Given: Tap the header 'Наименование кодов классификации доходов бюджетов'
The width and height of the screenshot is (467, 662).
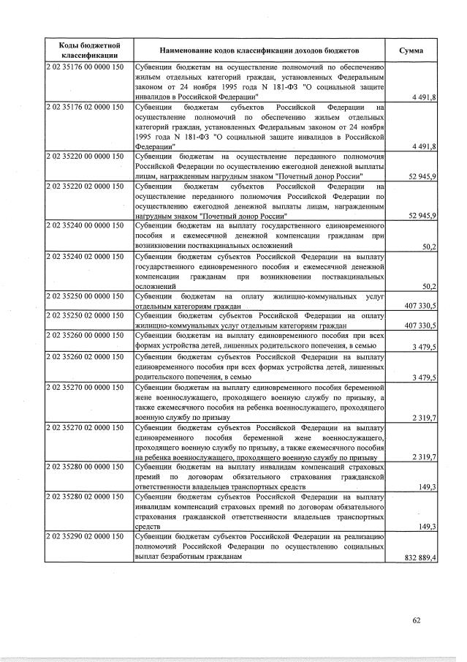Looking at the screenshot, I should click(x=260, y=51).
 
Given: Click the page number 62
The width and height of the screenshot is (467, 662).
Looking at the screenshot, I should click(x=416, y=621).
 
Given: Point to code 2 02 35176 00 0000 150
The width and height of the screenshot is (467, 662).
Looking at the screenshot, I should click(x=85, y=68).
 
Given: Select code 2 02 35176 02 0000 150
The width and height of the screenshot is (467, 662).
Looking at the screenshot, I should click(x=85, y=108).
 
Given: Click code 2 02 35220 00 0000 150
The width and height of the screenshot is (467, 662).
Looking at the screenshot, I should click(x=85, y=157).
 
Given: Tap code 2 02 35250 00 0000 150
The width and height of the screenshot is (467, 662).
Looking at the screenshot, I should click(x=85, y=296).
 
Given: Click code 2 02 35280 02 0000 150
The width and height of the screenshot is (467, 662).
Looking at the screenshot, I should click(x=85, y=497).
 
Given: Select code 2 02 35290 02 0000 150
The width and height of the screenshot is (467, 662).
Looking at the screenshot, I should click(x=85, y=537).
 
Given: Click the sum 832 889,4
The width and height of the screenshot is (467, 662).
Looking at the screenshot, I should click(x=420, y=557).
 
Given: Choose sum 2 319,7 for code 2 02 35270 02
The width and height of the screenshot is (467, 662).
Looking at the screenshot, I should click(x=423, y=456).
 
